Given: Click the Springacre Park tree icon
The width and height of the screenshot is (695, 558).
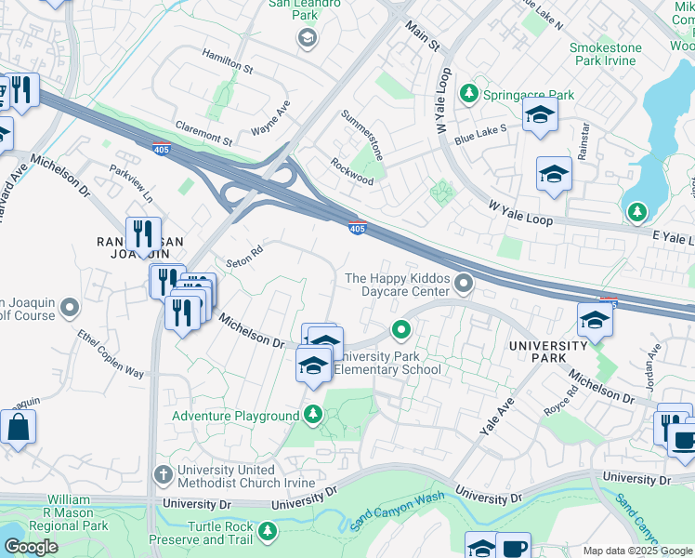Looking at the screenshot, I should click(469, 94).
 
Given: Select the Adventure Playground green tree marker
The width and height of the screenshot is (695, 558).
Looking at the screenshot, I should click(314, 414).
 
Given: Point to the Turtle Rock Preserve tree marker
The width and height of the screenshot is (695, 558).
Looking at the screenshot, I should click(268, 531).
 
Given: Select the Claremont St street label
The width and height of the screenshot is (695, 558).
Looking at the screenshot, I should click(203, 135).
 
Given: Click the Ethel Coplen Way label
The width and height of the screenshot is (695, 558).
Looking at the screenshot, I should click(111, 353).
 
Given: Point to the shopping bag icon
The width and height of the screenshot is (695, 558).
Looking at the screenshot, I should click(17, 429).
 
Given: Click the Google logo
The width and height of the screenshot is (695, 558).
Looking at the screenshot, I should click(30, 547).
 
